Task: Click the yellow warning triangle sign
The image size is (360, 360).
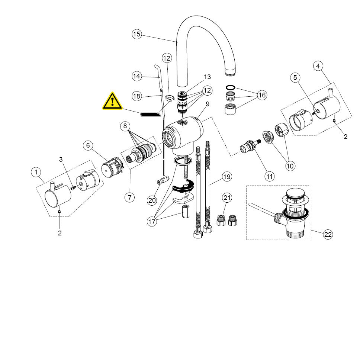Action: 113,101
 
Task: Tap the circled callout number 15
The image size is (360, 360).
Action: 137,35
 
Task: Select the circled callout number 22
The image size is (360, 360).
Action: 328,234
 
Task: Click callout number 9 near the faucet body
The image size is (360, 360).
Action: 208,104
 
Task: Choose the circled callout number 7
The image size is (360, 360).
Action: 129,197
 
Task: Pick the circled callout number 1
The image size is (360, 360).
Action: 36,172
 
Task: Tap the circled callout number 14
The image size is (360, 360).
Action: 137,76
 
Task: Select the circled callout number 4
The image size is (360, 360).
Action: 318,66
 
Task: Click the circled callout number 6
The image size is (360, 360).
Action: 88,145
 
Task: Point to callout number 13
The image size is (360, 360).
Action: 207,77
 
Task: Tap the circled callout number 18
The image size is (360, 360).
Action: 137,96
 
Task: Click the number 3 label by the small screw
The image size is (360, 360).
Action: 61,160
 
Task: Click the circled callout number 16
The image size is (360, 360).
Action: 262,95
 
